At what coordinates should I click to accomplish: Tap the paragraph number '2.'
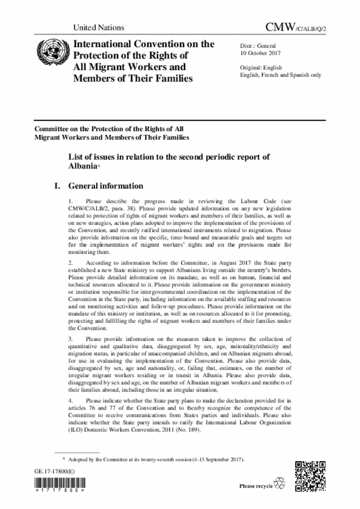[x=70, y=263]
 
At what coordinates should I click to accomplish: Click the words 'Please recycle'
[x=255, y=485]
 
